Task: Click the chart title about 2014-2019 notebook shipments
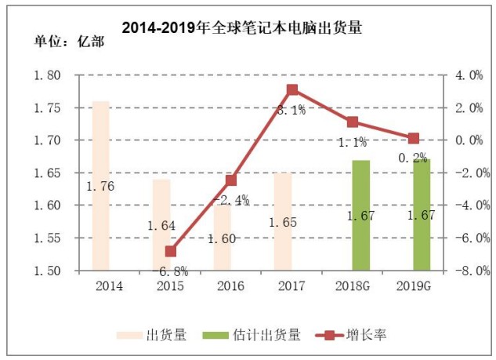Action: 242,28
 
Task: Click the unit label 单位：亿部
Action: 69,42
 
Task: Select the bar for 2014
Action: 100,186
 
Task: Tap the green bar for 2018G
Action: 361,216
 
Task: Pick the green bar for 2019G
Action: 422,216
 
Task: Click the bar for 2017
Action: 283,222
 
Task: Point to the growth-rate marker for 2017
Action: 292,90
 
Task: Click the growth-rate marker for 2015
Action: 171,252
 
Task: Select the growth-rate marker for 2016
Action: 232,180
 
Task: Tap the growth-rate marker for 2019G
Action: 414,138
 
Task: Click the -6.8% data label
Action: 170,271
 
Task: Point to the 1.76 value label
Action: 100,186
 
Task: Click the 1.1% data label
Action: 353,143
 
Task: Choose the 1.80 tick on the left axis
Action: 47,75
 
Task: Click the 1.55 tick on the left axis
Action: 47,238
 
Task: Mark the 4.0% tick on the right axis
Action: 469,75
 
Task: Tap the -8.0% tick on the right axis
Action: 472,271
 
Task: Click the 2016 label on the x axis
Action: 231,286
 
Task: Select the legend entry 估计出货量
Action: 252,336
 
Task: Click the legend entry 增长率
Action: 351,335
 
